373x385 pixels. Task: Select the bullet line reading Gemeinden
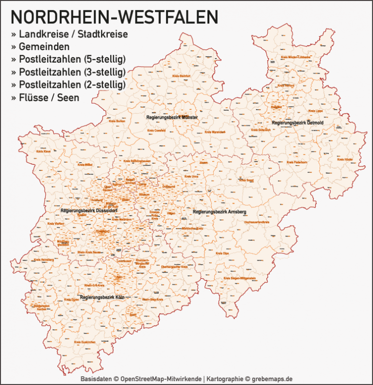click(44, 47)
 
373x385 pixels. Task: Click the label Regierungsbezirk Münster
click(172, 117)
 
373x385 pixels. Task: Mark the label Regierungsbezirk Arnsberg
click(220, 212)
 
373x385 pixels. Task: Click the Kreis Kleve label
click(43, 151)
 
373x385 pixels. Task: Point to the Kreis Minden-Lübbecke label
click(296, 57)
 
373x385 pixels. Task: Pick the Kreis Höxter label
click(344, 159)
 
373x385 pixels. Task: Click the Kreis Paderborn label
click(297, 162)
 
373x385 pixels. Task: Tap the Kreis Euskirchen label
click(85, 342)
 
